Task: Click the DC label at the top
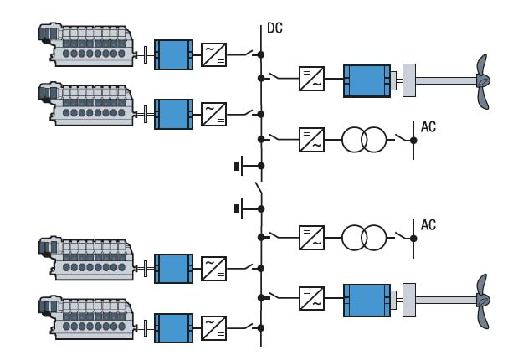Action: coord(274,28)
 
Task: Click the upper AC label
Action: coord(428,128)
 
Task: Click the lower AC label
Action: coord(428,225)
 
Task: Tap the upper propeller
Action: coord(483,81)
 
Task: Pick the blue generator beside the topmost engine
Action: coord(173,55)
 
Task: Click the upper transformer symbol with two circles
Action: coord(362,139)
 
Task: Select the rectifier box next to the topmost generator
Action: coord(214,55)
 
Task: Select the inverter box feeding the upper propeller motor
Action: coord(311,81)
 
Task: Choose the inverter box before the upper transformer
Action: coord(311,139)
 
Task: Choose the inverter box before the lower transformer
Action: coord(311,237)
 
